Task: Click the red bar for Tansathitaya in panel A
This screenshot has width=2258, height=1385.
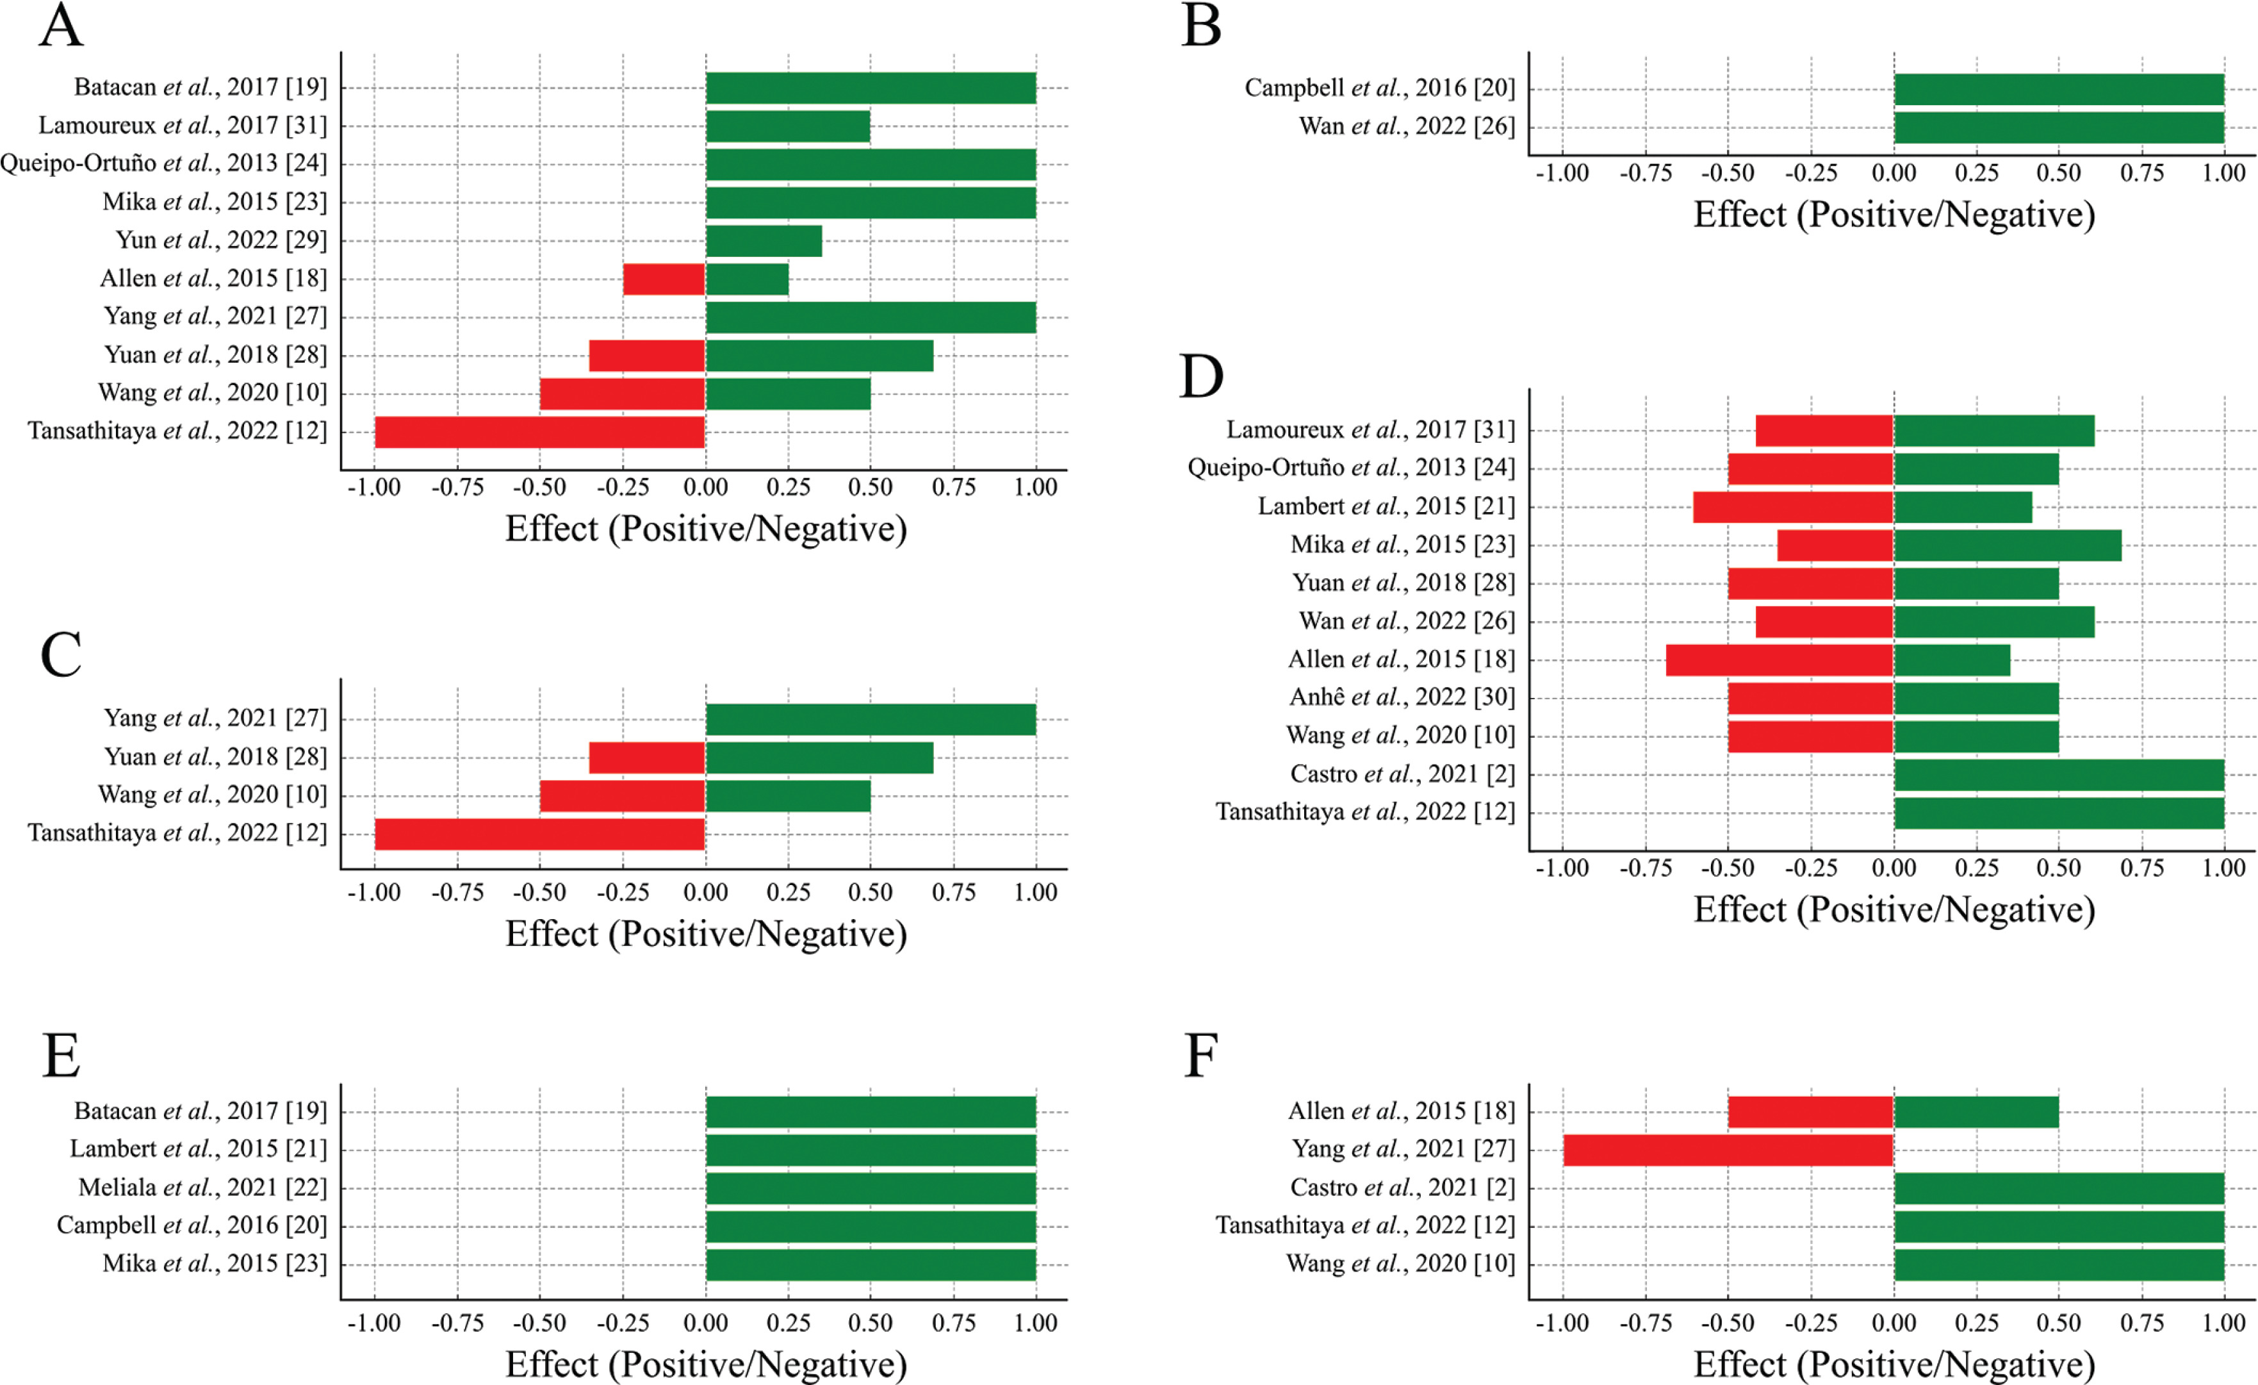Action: pyautogui.click(x=540, y=432)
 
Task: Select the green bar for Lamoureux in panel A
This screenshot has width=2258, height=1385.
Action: pyautogui.click(x=788, y=126)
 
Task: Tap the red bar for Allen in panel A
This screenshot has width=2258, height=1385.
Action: pyautogui.click(x=664, y=279)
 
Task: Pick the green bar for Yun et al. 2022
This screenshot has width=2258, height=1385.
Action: pyautogui.click(x=764, y=241)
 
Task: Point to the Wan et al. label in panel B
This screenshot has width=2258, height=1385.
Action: pyautogui.click(x=1407, y=126)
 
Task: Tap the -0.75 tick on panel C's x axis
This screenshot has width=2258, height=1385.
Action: pyautogui.click(x=457, y=893)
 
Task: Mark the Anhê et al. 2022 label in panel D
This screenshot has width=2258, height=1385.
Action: pyautogui.click(x=1402, y=697)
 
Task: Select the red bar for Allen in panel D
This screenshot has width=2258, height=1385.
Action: pyautogui.click(x=1779, y=660)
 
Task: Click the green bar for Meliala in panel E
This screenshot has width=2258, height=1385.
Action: pyautogui.click(x=871, y=1188)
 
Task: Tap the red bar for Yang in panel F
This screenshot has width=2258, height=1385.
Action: pyautogui.click(x=1728, y=1149)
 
